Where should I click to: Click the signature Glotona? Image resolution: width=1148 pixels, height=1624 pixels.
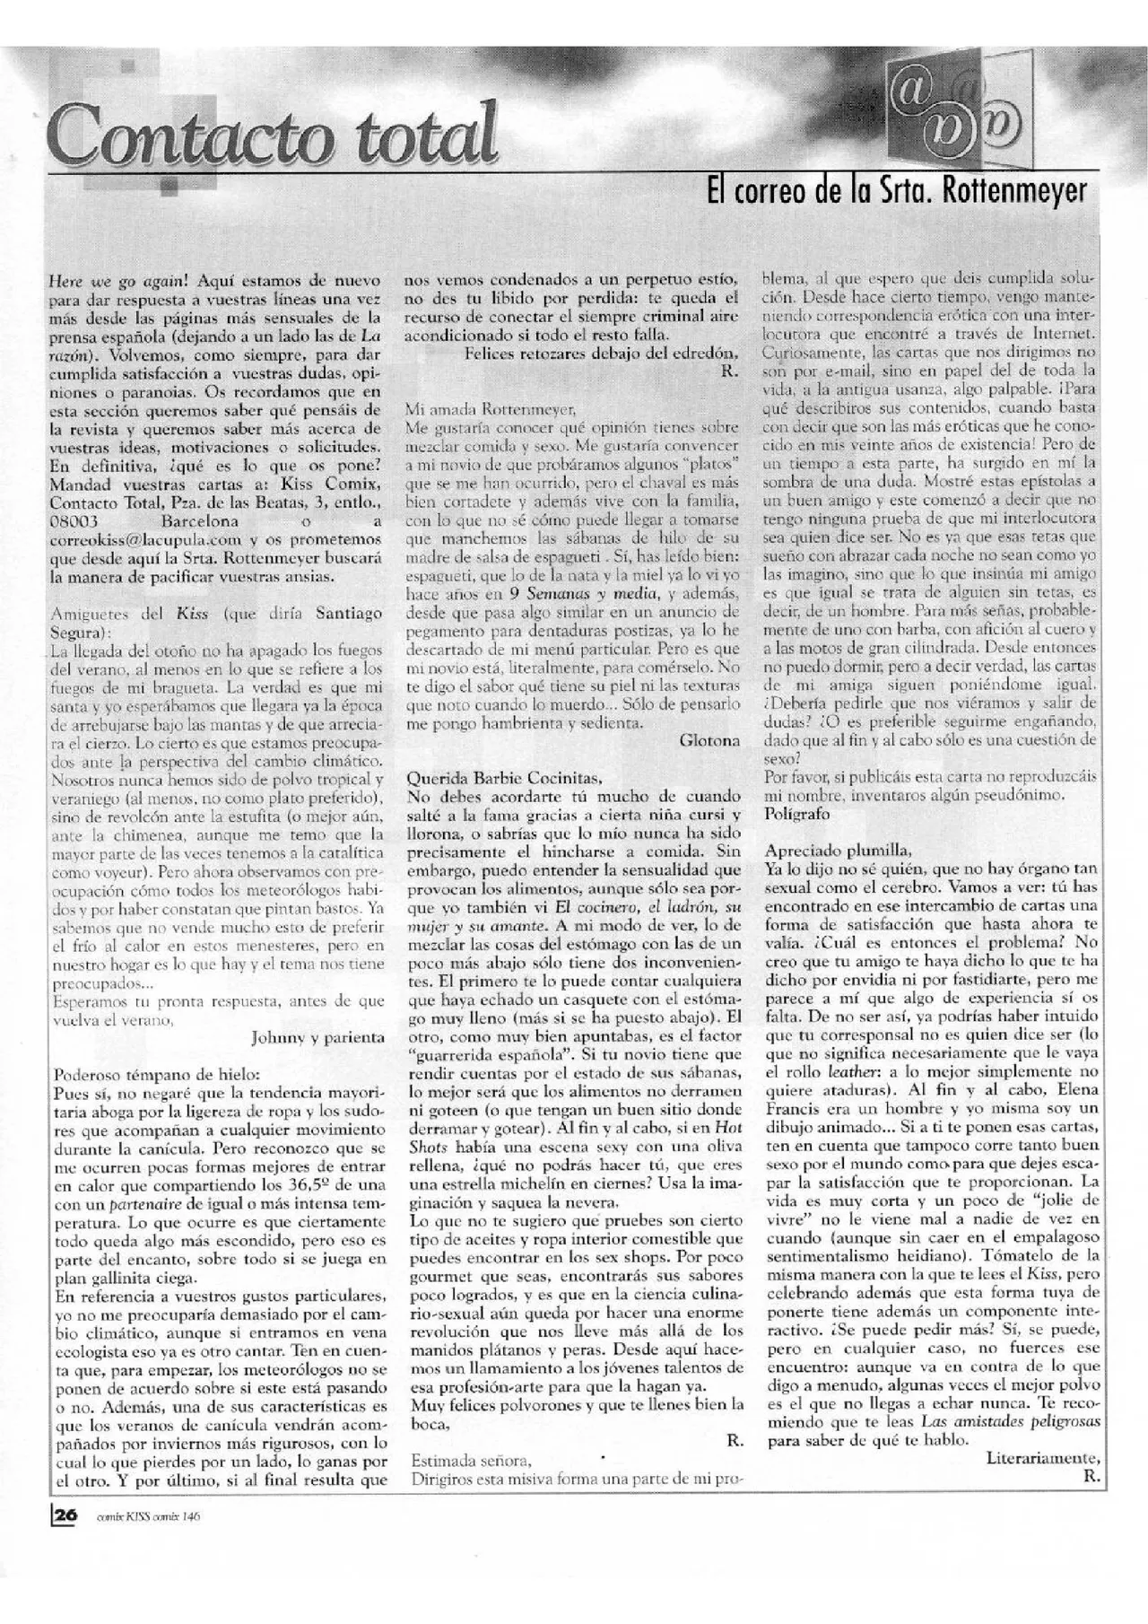[709, 740]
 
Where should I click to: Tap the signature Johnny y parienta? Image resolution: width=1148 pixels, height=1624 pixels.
[317, 1036]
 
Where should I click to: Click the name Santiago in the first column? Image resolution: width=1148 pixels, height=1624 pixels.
[350, 613]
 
